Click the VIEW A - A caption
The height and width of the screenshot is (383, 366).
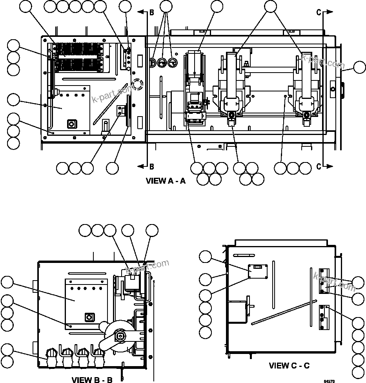166,181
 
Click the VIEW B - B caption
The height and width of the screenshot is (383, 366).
92,380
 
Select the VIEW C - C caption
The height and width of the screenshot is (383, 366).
289,366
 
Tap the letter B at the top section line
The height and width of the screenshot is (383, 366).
152,13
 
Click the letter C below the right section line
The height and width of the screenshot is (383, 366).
319,166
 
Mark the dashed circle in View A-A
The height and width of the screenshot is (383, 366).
137,84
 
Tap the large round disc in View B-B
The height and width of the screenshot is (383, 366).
119,337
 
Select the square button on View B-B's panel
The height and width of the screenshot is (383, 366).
89,317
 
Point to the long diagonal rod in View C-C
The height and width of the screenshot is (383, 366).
284,312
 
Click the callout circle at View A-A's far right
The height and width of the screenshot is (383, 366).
359,67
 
